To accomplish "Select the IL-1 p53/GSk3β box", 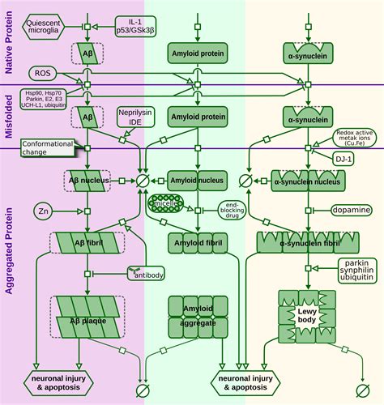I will point(130,27).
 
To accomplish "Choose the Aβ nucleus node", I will point(87,178).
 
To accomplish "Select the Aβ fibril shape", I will point(87,241).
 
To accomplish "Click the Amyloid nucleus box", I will point(195,178).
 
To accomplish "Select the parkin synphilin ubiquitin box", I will point(356,273).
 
